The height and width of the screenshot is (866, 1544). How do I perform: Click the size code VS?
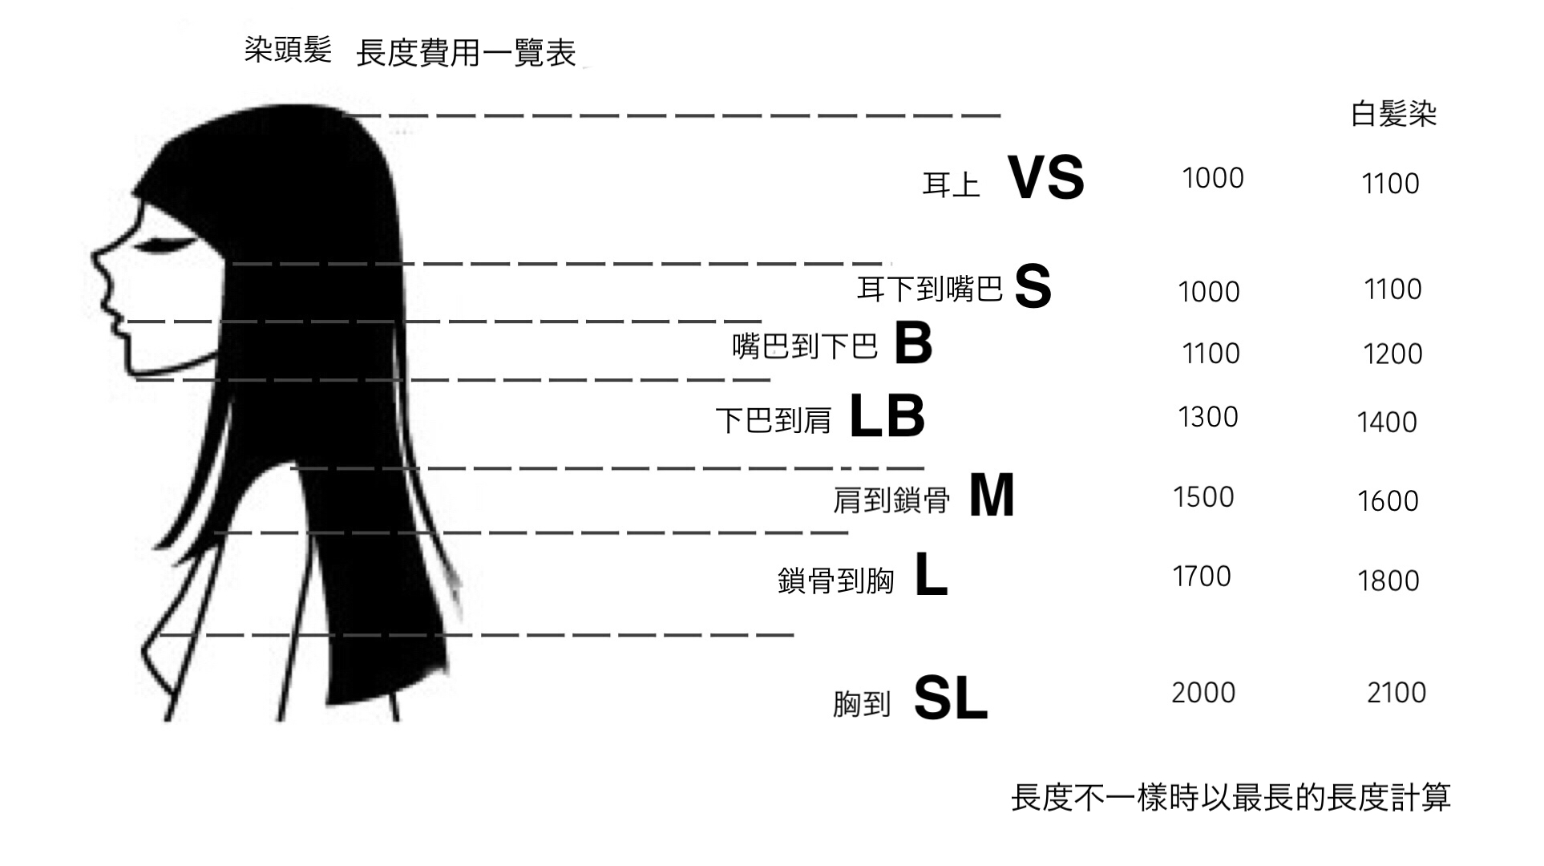pos(1045,177)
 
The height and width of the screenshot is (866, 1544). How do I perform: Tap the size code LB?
pos(887,416)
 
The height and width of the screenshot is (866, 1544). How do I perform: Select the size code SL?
pos(950,698)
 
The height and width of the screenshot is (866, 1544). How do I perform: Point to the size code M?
pos(992,495)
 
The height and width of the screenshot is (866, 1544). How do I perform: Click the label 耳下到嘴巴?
pos(930,289)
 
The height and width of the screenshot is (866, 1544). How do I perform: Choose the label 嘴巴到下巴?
pos(805,346)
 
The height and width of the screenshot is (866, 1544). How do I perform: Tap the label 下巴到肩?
pos(774,420)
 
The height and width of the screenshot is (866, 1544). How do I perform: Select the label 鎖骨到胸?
pos(835,581)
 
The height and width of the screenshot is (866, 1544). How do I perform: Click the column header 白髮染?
pos(1393,114)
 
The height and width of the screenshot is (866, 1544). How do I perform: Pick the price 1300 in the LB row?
pos(1208,417)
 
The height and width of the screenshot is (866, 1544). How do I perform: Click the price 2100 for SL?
pos(1396,692)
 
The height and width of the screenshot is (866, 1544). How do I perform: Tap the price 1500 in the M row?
pos(1203,497)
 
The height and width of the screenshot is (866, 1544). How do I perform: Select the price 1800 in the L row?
pos(1388,581)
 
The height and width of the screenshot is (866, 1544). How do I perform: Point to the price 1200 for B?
pos(1393,354)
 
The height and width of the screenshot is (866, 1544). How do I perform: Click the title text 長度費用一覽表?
pos(466,53)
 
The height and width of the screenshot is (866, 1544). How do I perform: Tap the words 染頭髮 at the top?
pos(288,50)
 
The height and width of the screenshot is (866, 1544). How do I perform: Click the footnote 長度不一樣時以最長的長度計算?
pos(1231,797)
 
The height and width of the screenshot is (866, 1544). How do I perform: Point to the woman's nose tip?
pos(94,256)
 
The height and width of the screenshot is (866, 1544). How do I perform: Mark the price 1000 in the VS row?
pos(1213,178)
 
